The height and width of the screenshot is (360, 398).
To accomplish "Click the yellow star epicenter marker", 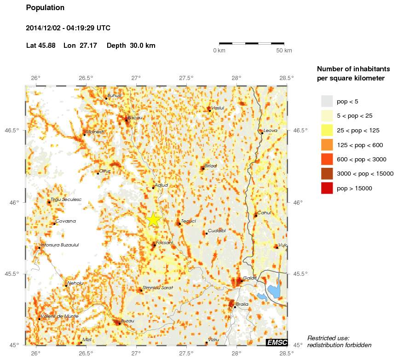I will point(153,220).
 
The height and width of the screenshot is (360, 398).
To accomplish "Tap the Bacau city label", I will point(135,118).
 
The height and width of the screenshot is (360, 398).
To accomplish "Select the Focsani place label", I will point(164,242).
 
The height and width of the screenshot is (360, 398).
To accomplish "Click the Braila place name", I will point(242,304).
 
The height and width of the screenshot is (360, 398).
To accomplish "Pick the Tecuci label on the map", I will point(189,221).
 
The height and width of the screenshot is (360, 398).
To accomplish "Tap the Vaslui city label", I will point(217,108).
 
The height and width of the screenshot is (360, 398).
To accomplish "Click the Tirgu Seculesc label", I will point(66,200).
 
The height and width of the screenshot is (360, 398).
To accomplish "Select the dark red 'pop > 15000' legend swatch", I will point(327,188).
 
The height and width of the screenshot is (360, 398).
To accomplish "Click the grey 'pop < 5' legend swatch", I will point(327,101).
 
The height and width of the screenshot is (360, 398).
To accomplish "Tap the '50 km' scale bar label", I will point(284,51).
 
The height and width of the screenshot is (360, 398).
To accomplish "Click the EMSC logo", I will point(277,342).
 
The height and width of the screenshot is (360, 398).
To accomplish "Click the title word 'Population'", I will point(45,8).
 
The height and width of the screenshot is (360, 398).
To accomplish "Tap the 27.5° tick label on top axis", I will point(186,78).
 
